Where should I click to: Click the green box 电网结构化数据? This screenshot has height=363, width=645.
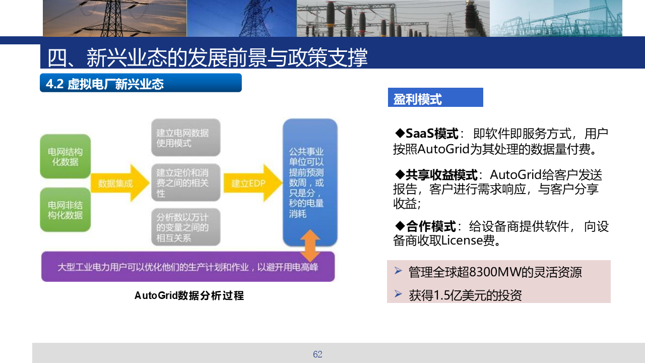click(66, 156)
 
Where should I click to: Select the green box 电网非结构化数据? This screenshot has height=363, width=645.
click(66, 210)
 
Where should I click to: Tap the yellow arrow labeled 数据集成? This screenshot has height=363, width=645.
click(120, 183)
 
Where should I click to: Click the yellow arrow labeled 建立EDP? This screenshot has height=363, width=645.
click(253, 183)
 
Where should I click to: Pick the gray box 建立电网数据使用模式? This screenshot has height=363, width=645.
click(186, 138)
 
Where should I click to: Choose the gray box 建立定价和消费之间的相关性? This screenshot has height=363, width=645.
click(186, 183)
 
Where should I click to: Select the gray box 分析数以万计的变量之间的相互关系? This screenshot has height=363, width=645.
click(186, 227)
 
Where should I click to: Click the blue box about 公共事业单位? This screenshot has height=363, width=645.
click(310, 183)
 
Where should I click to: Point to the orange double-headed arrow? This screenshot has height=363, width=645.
click(310, 246)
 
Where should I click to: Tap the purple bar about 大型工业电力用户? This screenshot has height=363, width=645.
click(188, 267)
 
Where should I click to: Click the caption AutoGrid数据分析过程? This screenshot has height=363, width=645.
click(189, 295)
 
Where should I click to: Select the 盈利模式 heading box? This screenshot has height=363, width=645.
click(435, 97)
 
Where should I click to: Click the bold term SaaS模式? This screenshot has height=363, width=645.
click(432, 134)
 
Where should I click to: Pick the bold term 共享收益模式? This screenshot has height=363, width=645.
click(441, 175)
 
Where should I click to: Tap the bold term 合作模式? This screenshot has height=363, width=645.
click(431, 226)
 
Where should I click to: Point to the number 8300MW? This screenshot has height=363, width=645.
click(495, 272)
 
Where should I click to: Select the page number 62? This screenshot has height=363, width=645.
click(317, 354)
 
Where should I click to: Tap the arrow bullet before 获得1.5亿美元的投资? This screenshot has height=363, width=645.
click(398, 294)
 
